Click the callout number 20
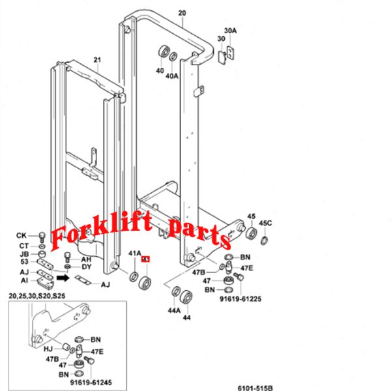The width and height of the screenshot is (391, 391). pos(182,13)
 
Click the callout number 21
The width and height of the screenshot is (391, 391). pos(97,61)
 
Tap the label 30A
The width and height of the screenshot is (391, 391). pos(230,31)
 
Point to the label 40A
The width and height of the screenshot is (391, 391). pos(171,76)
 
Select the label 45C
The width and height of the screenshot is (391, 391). pos(265,224)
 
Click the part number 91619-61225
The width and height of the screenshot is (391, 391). pos(240,300)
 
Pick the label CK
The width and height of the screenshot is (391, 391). pos(22,235)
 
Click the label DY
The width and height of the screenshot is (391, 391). pos(86,267)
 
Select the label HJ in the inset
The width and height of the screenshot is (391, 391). pos(48,349)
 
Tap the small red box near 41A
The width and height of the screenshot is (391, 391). pos(146,260)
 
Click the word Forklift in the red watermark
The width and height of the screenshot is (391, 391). pos(97,235)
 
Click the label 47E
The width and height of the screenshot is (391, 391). pos(247,267)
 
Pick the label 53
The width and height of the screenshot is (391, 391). pos(23,263)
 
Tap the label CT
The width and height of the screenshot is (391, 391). pos(23,245)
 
